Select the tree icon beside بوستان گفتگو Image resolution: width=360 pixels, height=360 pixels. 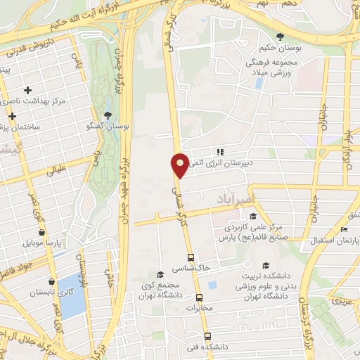108,115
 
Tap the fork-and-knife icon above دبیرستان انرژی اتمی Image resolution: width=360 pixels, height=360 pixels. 220,150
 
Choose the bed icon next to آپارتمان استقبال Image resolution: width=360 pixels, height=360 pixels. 344,230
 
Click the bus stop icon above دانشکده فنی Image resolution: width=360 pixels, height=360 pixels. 206,336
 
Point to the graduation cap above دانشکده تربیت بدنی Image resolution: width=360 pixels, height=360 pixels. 265,265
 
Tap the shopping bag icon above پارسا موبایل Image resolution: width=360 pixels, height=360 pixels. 41,232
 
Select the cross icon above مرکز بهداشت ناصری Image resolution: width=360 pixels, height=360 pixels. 27,90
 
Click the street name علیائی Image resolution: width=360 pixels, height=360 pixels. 56,169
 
